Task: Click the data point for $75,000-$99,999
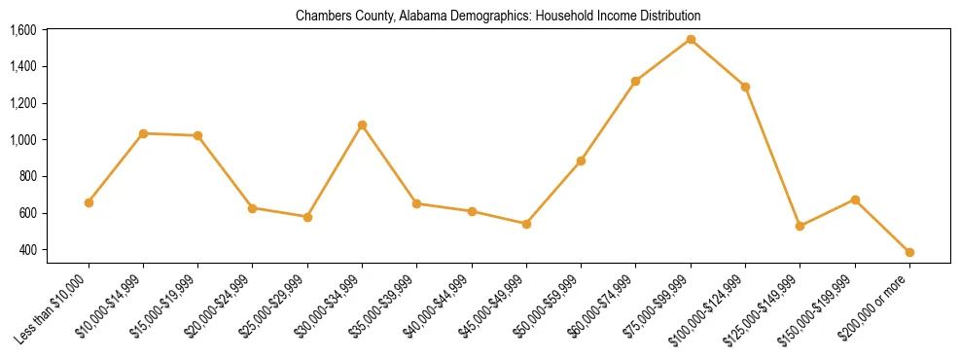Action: pyautogui.click(x=691, y=40)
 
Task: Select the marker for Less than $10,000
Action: pyautogui.click(x=89, y=202)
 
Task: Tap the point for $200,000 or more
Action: pyautogui.click(x=909, y=252)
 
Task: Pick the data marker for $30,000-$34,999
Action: pyautogui.click(x=362, y=126)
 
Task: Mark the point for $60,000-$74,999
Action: pyautogui.click(x=635, y=81)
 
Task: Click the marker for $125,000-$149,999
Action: pyautogui.click(x=800, y=226)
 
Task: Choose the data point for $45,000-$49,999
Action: pyautogui.click(x=526, y=224)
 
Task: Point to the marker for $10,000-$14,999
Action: pyautogui.click(x=143, y=133)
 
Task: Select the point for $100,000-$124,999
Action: pyautogui.click(x=745, y=87)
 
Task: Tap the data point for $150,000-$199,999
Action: pyautogui.click(x=855, y=199)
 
